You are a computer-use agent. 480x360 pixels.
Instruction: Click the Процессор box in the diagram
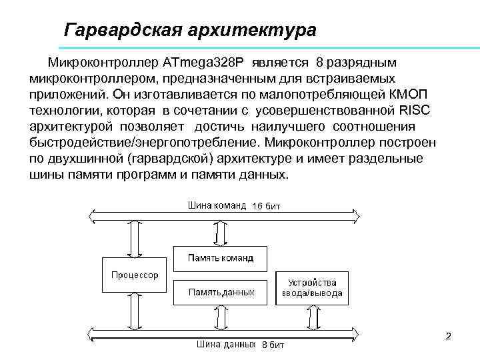tap(135, 273)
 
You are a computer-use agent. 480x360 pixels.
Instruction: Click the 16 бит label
tap(266, 207)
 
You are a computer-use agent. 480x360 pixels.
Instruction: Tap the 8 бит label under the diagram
tap(273, 345)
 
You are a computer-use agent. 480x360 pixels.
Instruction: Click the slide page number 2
tap(448, 337)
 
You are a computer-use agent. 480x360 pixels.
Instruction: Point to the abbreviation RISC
tap(414, 111)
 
